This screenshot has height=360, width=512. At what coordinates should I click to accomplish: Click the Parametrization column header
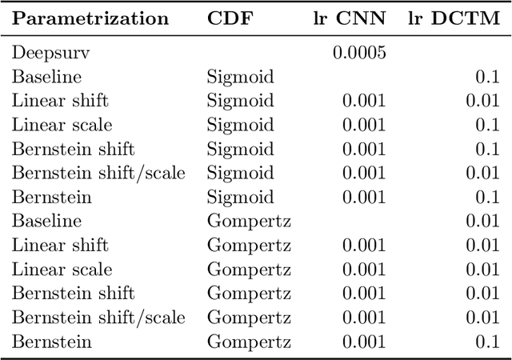coord(90,18)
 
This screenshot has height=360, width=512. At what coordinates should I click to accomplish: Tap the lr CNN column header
coord(350,18)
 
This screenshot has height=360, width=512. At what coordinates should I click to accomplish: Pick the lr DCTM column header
coord(453,18)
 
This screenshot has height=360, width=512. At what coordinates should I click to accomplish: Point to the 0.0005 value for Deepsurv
coord(359,54)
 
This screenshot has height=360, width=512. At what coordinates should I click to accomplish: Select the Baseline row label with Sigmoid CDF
coord(46,78)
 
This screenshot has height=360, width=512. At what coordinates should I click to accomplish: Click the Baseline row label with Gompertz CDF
coord(46,222)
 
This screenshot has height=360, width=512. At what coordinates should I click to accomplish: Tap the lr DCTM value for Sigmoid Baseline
coord(486,78)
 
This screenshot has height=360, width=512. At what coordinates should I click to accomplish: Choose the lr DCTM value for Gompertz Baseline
coord(482,222)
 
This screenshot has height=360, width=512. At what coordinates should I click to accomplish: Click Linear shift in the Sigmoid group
coord(60,102)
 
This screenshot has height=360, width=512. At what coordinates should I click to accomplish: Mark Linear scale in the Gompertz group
coord(62,270)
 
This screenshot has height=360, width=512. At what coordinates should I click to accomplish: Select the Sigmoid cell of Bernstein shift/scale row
coord(240,174)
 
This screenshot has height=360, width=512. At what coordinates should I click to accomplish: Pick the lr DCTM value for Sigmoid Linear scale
coord(486,126)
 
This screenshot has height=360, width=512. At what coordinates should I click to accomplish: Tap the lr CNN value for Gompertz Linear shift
coord(364,246)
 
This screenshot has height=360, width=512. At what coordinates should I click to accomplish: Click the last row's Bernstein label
coord(51,342)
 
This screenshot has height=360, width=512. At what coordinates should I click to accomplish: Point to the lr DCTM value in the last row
coord(486,342)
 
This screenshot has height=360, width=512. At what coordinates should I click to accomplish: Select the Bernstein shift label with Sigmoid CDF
coord(73,150)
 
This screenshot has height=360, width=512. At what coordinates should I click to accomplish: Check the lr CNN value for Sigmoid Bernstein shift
coord(364,150)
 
